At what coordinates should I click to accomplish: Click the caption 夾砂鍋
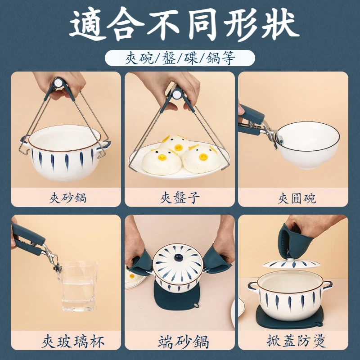click(68, 198)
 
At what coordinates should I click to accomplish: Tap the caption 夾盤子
click(180, 198)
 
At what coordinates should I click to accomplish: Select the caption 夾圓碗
click(297, 198)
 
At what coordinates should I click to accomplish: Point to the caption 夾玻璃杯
click(73, 342)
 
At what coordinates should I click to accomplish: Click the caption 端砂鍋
click(184, 342)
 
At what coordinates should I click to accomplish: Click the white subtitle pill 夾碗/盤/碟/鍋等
click(180, 58)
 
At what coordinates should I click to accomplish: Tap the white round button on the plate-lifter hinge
click(177, 94)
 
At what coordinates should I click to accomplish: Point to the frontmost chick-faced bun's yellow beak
click(162, 157)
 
